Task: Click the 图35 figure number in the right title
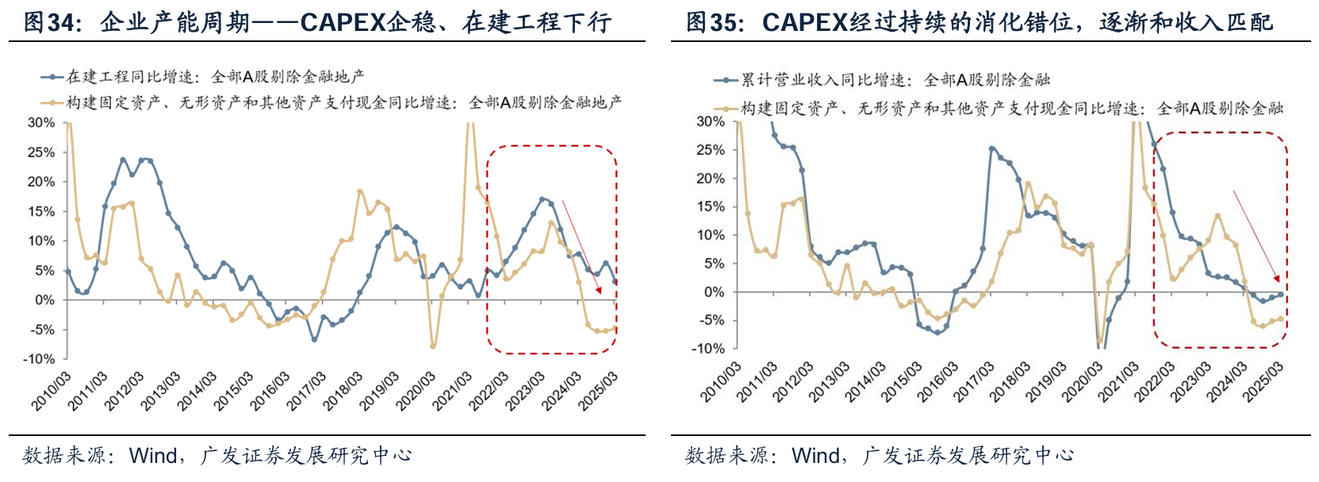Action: pyautogui.click(x=711, y=21)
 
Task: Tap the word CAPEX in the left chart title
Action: pyautogui.click(x=341, y=21)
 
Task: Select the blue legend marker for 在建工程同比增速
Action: pyautogui.click(x=52, y=77)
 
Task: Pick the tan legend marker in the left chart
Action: pyautogui.click(x=52, y=102)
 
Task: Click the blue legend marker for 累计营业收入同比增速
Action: pyautogui.click(x=727, y=80)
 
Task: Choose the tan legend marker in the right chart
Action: pyautogui.click(x=727, y=109)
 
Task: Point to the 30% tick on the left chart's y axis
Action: pyautogui.click(x=41, y=123)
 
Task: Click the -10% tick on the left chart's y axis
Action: pyautogui.click(x=39, y=359)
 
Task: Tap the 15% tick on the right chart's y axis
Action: pyautogui.click(x=711, y=207)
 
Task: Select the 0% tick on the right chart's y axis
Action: pyautogui.click(x=715, y=292)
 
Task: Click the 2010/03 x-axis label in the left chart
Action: pyautogui.click(x=52, y=391)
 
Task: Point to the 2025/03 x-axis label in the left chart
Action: pyautogui.click(x=598, y=391)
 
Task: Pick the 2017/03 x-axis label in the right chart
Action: pyautogui.click(x=973, y=382)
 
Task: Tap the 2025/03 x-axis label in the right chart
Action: pyautogui.click(x=1263, y=382)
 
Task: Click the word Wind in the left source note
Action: pyautogui.click(x=153, y=456)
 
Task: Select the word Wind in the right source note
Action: pyautogui.click(x=815, y=456)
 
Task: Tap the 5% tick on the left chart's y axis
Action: pyautogui.click(x=44, y=270)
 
